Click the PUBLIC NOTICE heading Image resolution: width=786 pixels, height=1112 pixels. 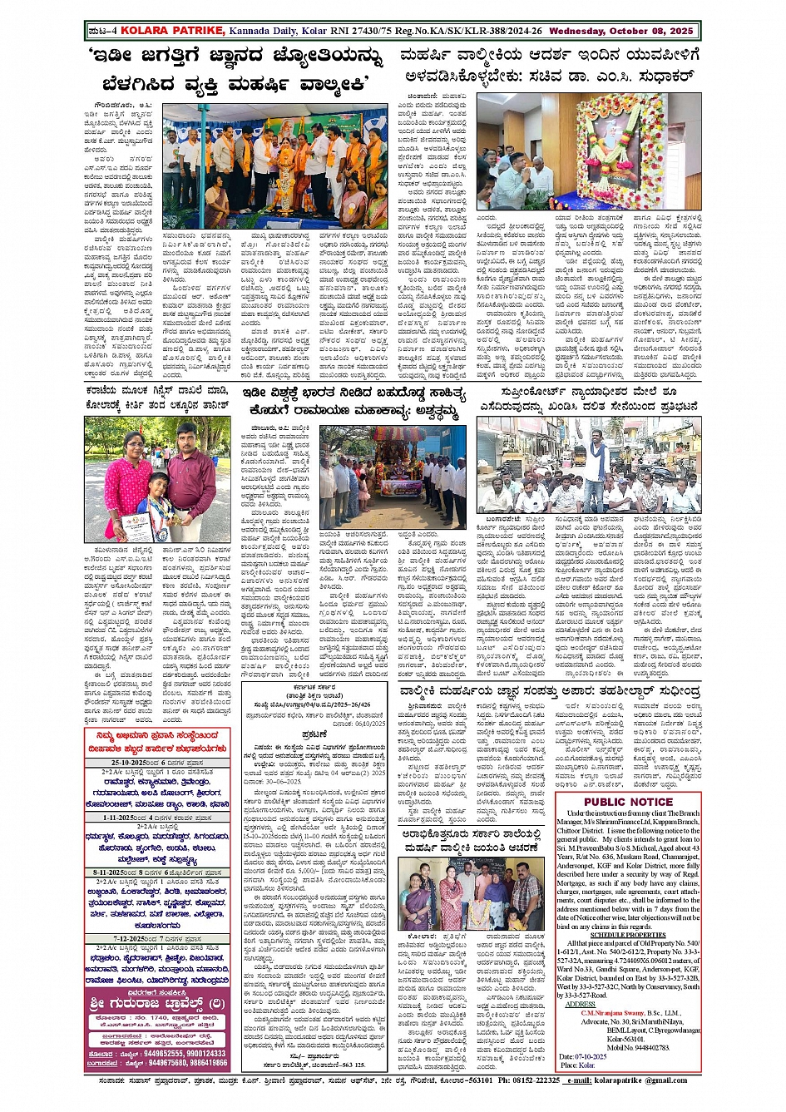[628, 802]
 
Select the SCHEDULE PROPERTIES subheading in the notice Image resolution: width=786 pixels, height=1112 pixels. [628, 934]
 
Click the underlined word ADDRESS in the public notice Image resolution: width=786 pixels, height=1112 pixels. [580, 1004]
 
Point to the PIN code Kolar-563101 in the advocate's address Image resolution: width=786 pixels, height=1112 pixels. [625, 1040]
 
